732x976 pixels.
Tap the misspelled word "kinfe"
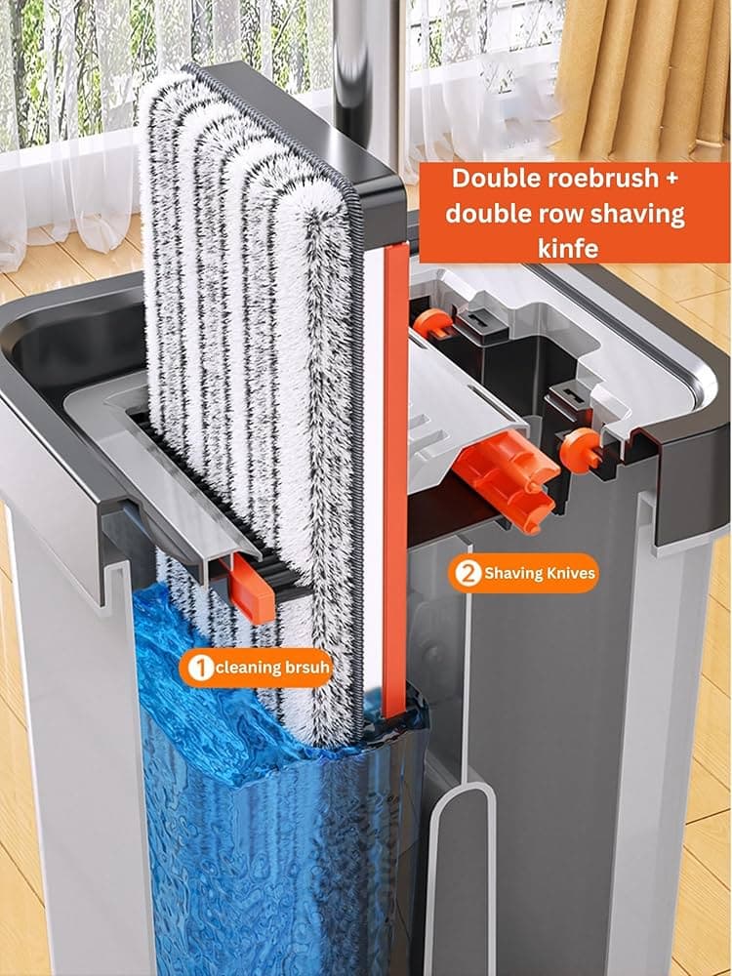(x=568, y=248)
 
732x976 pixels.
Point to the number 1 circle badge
(x=199, y=668)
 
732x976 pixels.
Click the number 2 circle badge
(x=467, y=573)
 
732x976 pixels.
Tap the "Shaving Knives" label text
(x=540, y=573)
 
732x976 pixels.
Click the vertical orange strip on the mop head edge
(x=396, y=479)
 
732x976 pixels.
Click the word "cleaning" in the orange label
(x=248, y=668)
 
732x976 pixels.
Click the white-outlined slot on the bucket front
(x=461, y=877)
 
